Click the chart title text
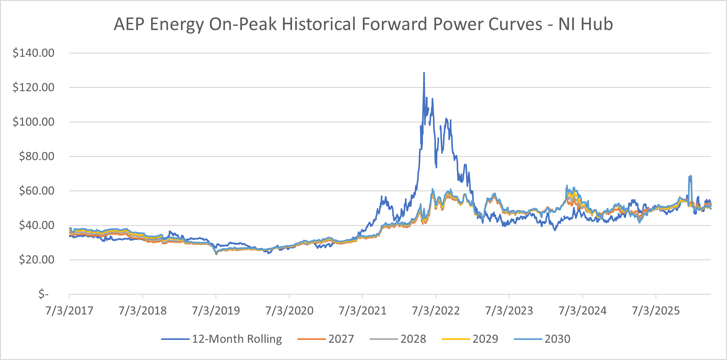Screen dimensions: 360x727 pyautogui.click(x=363, y=24)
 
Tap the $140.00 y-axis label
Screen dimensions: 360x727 pyautogui.click(x=33, y=53)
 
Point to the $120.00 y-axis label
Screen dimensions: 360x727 pyautogui.click(x=33, y=87)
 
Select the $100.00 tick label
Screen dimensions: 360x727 pyautogui.click(x=33, y=122)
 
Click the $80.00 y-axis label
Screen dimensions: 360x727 pyautogui.click(x=37, y=156)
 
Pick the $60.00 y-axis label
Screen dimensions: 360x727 pyautogui.click(x=37, y=191)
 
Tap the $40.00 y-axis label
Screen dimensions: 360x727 pyautogui.click(x=37, y=225)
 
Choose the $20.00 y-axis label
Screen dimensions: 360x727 pyautogui.click(x=37, y=259)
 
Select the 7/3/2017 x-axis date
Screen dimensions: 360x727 pyautogui.click(x=69, y=310)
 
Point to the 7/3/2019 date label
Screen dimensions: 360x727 pyautogui.click(x=216, y=310)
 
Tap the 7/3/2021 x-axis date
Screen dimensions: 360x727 pyautogui.click(x=363, y=310)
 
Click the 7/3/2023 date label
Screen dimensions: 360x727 pyautogui.click(x=509, y=310)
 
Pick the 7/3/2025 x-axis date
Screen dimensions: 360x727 pyautogui.click(x=656, y=310)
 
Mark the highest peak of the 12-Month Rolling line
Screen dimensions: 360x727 pyautogui.click(x=424, y=73)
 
